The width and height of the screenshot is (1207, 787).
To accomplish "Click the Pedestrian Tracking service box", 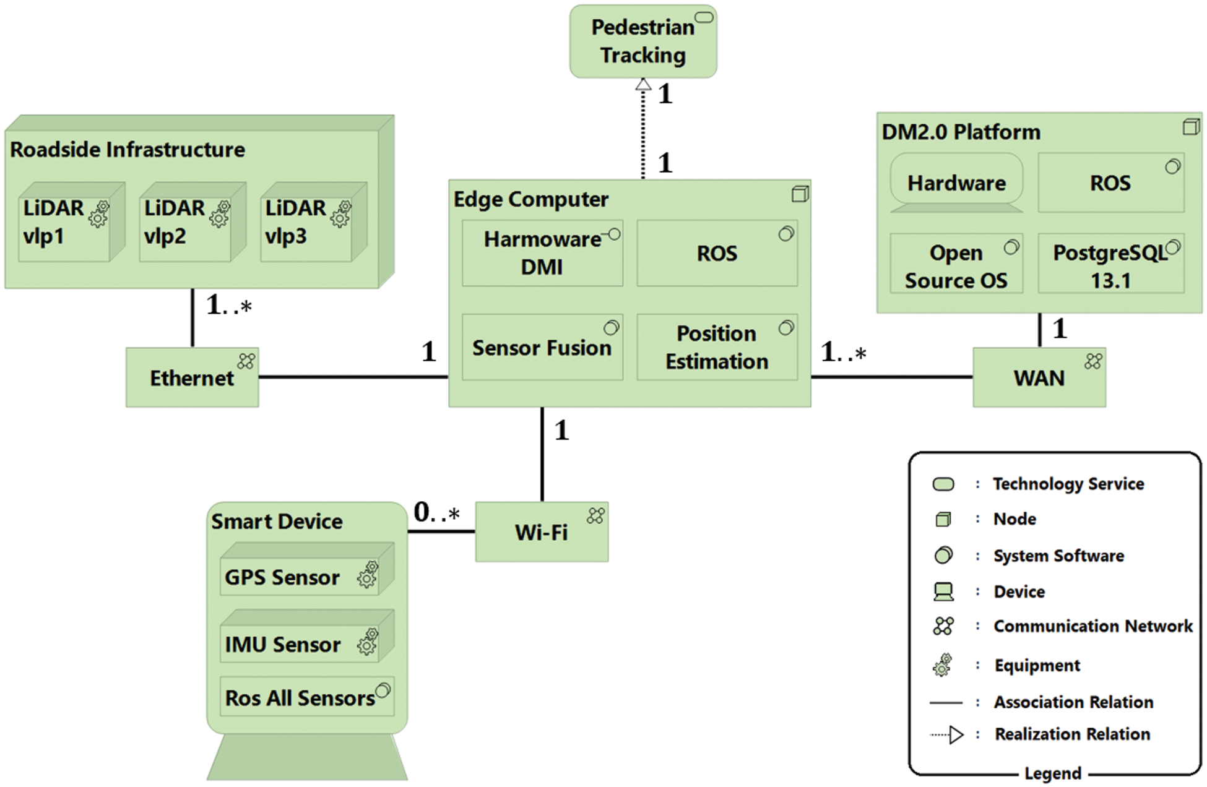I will pos(642,41).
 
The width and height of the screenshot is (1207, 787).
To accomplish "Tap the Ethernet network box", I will pos(192,377).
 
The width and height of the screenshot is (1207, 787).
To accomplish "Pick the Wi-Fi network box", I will pos(541,532).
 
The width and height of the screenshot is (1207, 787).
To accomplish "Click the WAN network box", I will pos(1039,377).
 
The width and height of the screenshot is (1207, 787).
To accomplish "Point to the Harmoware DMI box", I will pos(542,253).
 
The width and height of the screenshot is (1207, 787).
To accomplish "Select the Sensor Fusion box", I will pos(542,347).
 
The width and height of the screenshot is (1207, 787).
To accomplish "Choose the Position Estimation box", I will pos(717,347).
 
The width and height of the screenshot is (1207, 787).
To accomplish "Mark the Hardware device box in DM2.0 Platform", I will pos(956,183).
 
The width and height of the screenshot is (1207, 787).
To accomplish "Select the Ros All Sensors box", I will pos(306,697).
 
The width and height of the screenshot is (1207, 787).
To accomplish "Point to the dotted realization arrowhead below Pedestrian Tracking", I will pos(643,84).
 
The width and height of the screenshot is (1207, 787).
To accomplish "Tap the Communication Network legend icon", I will pos(943,626).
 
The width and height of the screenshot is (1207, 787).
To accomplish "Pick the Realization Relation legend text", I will pos(1072,734).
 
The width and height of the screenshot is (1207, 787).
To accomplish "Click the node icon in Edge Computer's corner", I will pos(800,194).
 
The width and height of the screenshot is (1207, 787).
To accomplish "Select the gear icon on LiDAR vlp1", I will pos(99,213).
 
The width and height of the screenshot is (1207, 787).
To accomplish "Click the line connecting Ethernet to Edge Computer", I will pos(353,377).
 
